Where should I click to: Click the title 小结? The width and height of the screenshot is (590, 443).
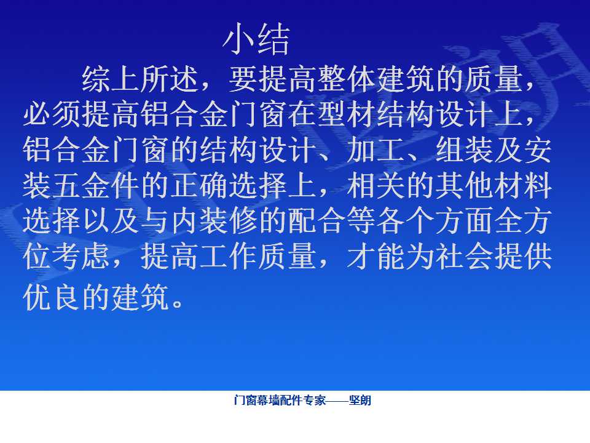pyautogui.click(x=257, y=39)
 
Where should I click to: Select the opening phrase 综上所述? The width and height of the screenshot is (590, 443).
pyautogui.click(x=140, y=79)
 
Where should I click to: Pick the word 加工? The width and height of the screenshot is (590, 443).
pyautogui.click(x=376, y=150)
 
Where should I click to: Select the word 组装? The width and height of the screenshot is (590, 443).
pyautogui.click(x=465, y=150)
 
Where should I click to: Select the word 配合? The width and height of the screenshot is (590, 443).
pyautogui.click(x=317, y=221)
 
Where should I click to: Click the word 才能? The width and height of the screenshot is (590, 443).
pyautogui.click(x=376, y=257)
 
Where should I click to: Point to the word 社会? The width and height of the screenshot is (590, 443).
pyautogui.click(x=465, y=257)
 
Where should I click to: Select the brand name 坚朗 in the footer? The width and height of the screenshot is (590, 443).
pyautogui.click(x=360, y=400)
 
